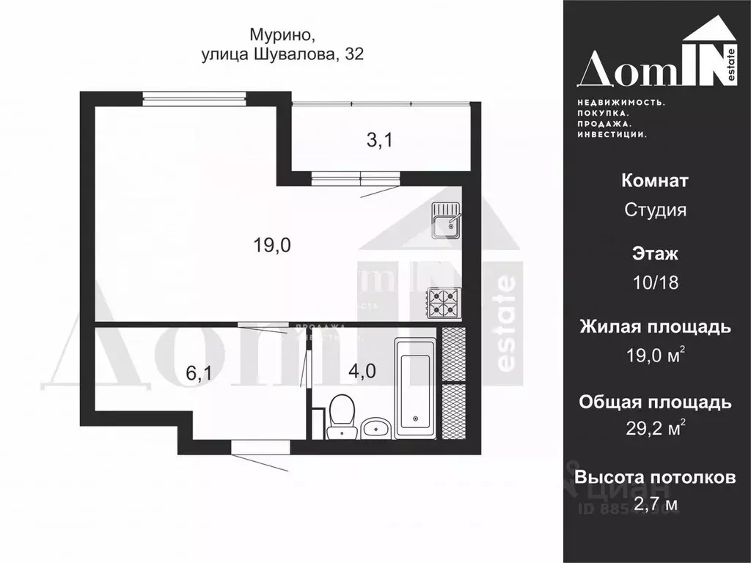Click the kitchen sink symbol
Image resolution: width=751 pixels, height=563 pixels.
pos(445,221)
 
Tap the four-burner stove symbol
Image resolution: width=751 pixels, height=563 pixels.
pos(444,303)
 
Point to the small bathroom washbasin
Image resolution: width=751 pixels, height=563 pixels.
pos(377,427)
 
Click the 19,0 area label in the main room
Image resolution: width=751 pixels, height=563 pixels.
pos(273,246)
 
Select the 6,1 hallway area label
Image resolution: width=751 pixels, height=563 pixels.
pos(199,373)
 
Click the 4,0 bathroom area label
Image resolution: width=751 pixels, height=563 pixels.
pos(362,371)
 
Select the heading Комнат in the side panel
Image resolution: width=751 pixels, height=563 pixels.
pos(655,180)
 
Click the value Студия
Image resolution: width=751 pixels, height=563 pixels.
pos(655,210)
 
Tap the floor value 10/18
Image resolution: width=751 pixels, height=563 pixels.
pos(655,283)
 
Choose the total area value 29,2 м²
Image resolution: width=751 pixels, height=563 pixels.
pos(655,429)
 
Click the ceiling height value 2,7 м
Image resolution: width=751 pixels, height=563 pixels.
pos(655,504)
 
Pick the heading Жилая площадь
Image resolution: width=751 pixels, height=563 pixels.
pos(655,327)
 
